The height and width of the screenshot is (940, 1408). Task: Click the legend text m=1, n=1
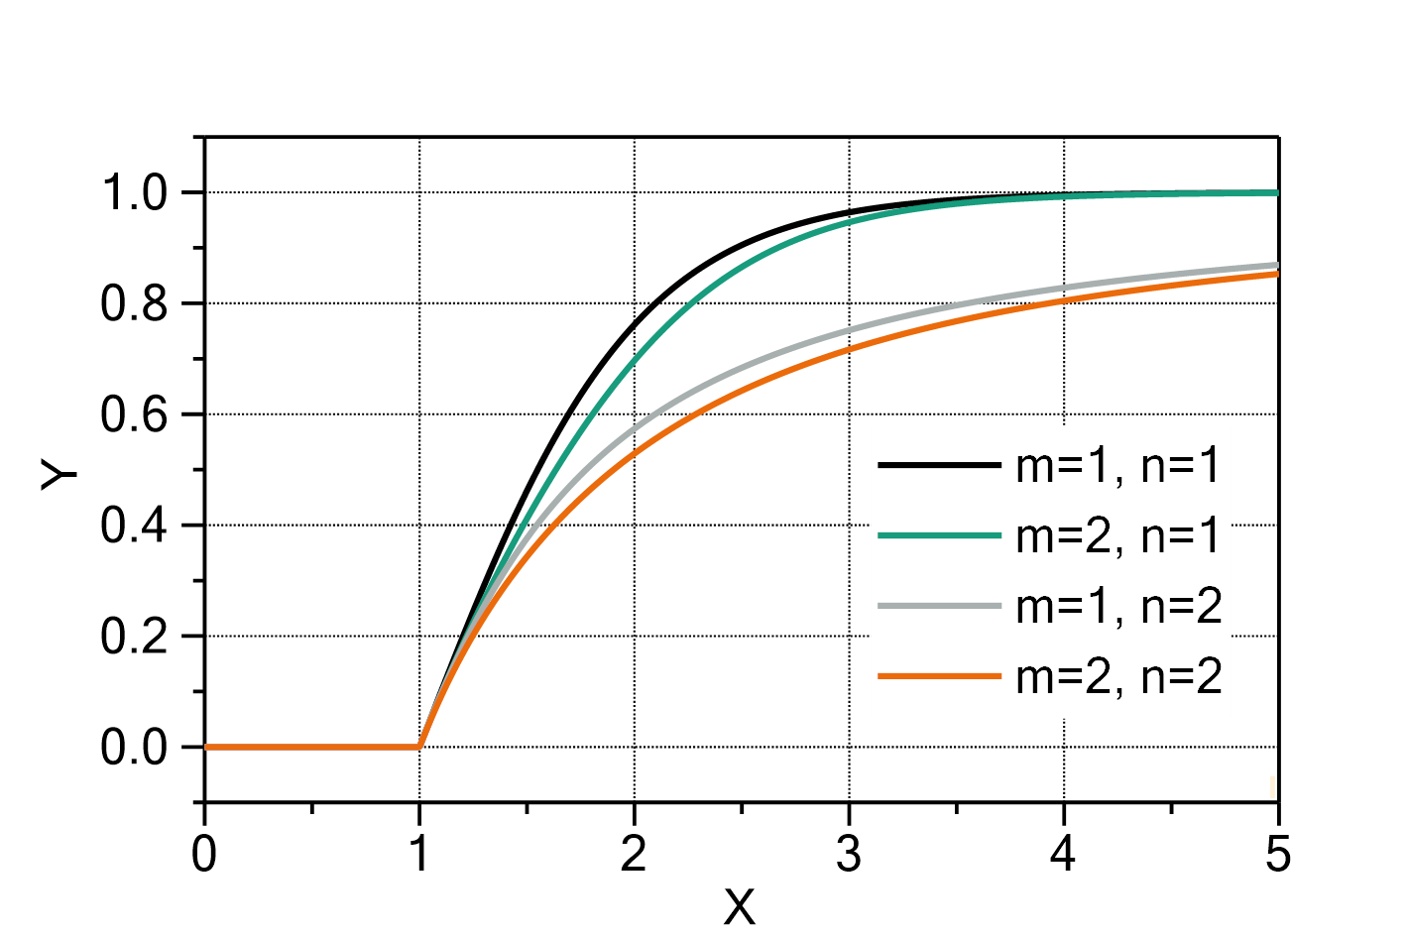point(1118,466)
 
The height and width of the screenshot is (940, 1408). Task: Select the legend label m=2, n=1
point(1118,536)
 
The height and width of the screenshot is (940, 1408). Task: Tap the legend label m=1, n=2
point(1118,607)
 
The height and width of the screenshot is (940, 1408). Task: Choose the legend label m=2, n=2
point(1118,677)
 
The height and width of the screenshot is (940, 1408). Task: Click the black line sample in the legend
point(938,466)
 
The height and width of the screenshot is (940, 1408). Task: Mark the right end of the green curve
point(1277,192)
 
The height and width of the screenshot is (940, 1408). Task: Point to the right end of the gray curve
point(1277,265)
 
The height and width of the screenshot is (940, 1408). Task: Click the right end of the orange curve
point(1277,274)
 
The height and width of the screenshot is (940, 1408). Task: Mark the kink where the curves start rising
point(420,746)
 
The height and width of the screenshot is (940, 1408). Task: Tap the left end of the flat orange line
point(206,747)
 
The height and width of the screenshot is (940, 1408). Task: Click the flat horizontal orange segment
point(312,747)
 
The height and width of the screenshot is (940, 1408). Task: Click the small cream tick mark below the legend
point(1272,787)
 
